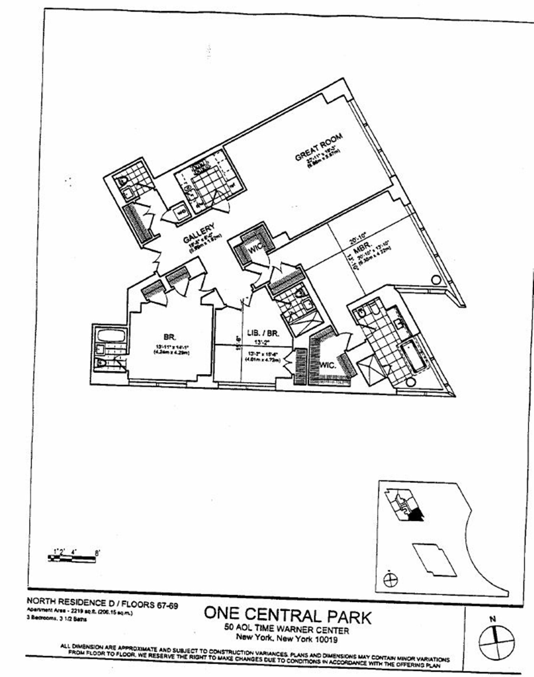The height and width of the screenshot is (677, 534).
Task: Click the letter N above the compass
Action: (x=493, y=619)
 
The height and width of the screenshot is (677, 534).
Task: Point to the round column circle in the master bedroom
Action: (x=435, y=280)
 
